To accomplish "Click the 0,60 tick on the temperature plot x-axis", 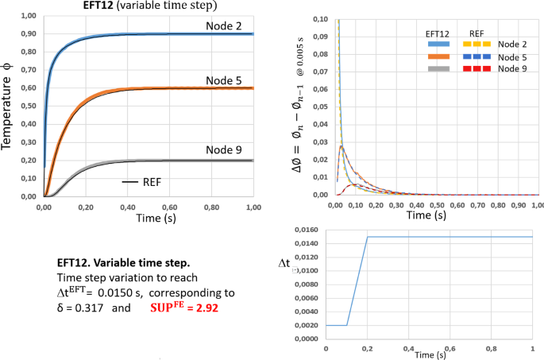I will [x=168, y=205].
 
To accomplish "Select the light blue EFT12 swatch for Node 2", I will [x=434, y=44].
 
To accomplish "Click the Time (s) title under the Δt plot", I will [x=430, y=355].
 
